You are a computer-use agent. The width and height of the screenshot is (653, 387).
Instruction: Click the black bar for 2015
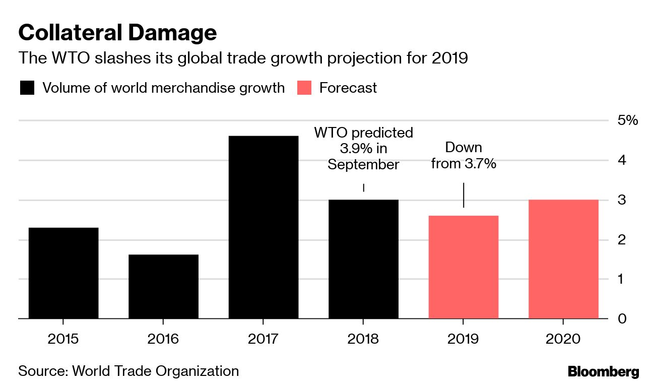pos(63,273)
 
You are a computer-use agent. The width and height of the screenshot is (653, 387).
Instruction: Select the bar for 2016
pos(163,286)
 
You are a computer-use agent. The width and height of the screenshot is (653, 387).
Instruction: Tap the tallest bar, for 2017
pos(263,227)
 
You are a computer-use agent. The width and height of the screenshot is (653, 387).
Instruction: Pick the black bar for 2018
pos(363,259)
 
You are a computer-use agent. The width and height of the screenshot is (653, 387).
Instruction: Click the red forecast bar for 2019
pos(463,267)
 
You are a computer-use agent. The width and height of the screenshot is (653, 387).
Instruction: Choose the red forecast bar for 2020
pos(563,259)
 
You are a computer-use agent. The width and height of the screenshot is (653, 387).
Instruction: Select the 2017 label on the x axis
pos(263,338)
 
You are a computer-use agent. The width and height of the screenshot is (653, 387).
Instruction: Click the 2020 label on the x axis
pos(563,338)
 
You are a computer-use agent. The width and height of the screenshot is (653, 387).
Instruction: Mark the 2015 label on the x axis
pos(63,338)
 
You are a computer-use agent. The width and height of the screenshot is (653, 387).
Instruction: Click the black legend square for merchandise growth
pos(27,88)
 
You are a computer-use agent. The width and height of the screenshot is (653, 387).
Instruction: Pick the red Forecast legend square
pos(304,88)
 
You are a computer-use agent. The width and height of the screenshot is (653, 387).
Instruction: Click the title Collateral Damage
pos(118,33)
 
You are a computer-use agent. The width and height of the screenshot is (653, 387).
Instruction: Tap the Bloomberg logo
pos(603,372)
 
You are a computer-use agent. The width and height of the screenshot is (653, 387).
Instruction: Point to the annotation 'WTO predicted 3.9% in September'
pos(363,149)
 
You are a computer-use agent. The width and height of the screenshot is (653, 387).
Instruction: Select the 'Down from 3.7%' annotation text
pos(464,156)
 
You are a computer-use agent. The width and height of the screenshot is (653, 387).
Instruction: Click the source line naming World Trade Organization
pos(128,371)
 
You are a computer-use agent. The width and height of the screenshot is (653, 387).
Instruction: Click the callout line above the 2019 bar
pos(464,195)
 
